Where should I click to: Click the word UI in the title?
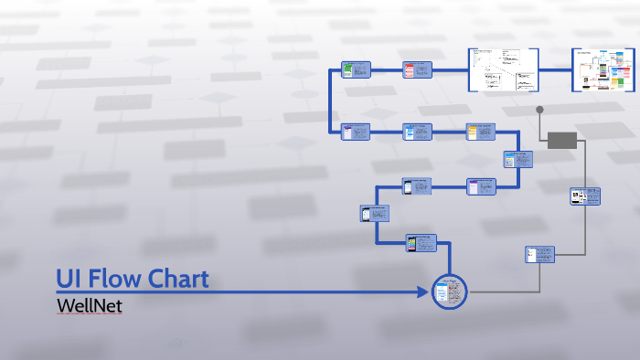click(x=69, y=279)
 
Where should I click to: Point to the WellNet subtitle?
click(x=89, y=306)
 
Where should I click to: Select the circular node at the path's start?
click(x=449, y=291)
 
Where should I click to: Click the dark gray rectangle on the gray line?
click(x=562, y=140)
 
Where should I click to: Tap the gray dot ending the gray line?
click(x=540, y=110)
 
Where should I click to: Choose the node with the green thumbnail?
click(x=355, y=70)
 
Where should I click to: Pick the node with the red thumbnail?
click(x=418, y=70)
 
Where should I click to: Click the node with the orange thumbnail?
click(x=481, y=132)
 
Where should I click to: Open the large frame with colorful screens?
click(x=603, y=69)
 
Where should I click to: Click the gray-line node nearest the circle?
click(x=540, y=254)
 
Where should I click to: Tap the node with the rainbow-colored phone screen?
click(x=421, y=243)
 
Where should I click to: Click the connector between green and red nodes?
click(x=386, y=70)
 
